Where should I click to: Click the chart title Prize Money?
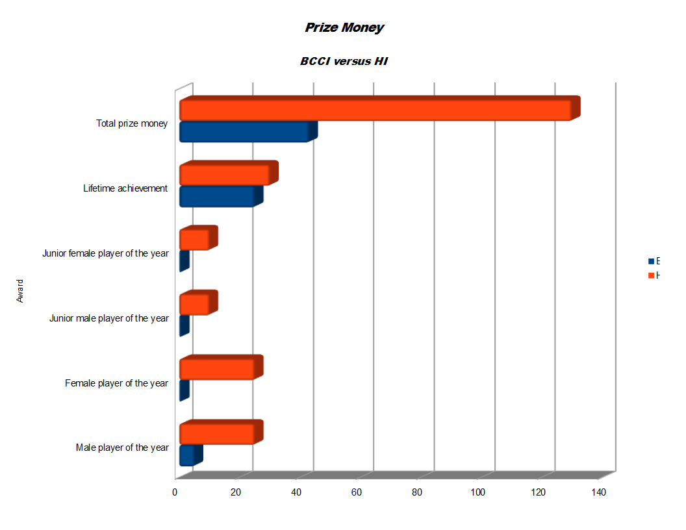click(344, 28)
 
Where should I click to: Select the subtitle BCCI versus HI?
click(344, 62)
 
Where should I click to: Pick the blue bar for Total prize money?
click(244, 132)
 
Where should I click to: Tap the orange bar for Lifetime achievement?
click(224, 175)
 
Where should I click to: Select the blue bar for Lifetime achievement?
click(216, 197)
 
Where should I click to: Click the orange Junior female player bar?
click(194, 240)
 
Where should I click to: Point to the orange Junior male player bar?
click(194, 305)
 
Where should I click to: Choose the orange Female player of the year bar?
click(216, 369)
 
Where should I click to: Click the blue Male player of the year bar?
click(186, 456)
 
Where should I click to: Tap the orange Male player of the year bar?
click(216, 434)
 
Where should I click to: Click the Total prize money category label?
click(132, 123)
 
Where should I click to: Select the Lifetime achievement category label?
click(125, 188)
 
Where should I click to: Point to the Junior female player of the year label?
click(105, 253)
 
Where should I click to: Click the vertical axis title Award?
click(20, 291)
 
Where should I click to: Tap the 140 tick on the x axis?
click(598, 493)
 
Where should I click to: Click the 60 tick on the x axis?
click(357, 493)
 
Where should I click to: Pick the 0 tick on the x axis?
click(175, 493)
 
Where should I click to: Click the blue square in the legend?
click(651, 262)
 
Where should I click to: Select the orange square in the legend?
click(651, 275)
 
